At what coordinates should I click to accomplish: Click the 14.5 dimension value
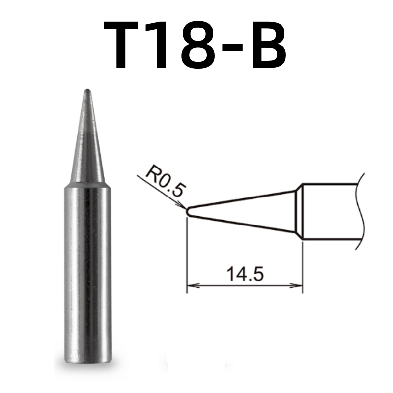(x=244, y=273)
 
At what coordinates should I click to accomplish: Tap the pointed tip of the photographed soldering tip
(x=87, y=91)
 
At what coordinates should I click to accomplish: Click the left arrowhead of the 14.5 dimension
(x=192, y=284)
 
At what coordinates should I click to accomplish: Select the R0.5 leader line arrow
(x=180, y=204)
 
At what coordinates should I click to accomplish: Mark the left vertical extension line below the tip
(x=187, y=255)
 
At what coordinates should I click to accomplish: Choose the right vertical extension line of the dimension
(x=302, y=265)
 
